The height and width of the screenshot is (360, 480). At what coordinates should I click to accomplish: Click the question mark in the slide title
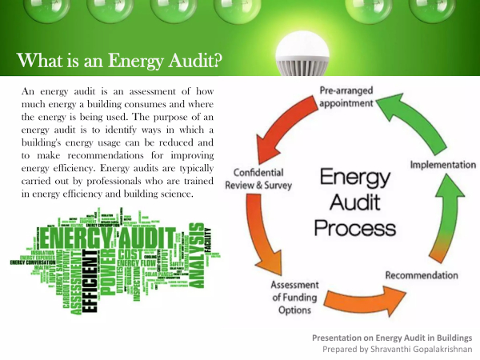(217, 61)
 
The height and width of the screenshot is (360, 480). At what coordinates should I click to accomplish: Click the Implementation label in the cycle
(442, 164)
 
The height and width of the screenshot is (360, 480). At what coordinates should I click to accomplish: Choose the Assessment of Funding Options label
(296, 298)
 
